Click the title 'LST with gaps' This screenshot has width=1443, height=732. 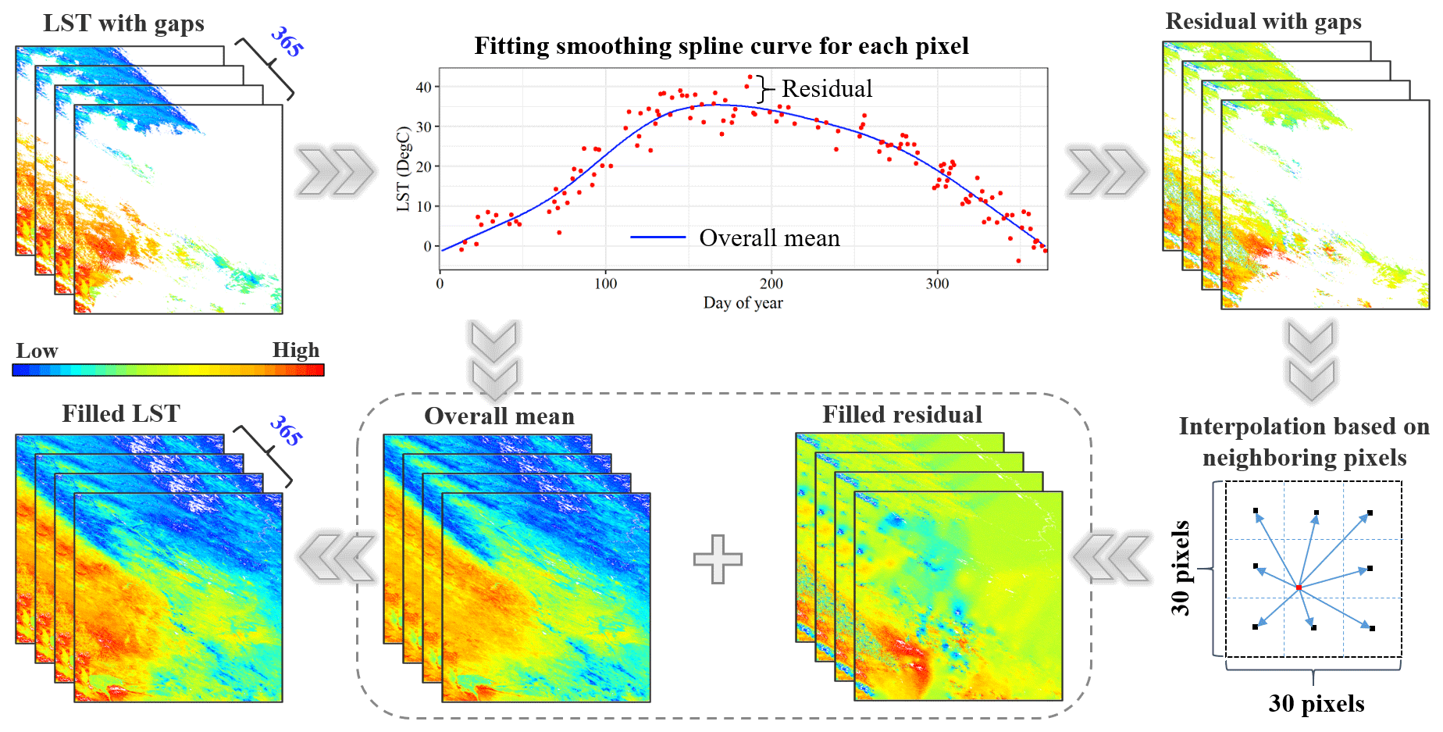[123, 24]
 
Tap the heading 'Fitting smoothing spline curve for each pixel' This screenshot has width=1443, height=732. [721, 47]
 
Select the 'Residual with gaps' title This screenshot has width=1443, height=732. [1263, 22]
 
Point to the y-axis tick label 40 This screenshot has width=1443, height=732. [424, 87]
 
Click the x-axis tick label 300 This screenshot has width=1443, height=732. [937, 284]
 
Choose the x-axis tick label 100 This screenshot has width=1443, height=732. [605, 284]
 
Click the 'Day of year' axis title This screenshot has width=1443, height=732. [743, 303]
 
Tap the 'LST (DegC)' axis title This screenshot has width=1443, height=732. [403, 169]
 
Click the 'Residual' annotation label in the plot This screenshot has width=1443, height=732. [827, 89]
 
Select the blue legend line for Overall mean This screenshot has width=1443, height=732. [658, 237]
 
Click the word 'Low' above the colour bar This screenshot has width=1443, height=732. [37, 351]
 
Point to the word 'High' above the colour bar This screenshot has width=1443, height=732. [296, 350]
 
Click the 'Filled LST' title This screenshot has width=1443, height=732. [121, 413]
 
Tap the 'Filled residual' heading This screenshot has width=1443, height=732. [902, 415]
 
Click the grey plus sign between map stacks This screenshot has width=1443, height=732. [718, 559]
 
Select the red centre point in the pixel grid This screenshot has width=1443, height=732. [1299, 587]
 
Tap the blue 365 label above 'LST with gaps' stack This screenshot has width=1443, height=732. [287, 41]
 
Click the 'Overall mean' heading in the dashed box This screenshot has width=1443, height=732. [499, 416]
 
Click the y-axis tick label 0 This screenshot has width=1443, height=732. [428, 246]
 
